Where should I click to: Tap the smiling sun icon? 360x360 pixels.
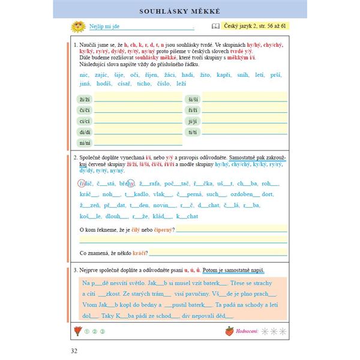77,27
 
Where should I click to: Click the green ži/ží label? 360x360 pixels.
84,99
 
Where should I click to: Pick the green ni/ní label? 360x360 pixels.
84,142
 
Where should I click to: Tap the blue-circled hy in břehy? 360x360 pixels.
130,184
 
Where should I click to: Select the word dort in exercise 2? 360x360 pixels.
267,194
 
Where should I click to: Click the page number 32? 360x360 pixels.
73,350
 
